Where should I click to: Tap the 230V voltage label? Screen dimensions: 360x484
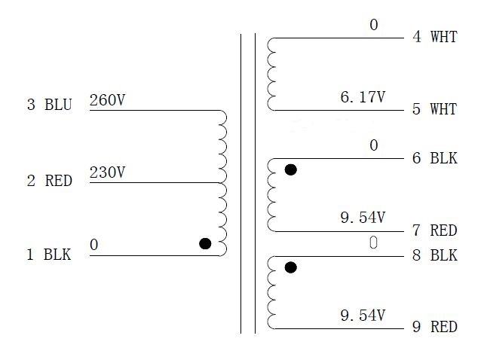point(107,172)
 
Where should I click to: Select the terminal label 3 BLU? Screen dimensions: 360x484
point(49,105)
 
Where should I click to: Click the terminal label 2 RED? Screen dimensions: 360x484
point(49,181)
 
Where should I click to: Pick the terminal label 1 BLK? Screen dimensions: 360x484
point(49,255)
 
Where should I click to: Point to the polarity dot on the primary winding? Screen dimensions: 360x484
point(204,243)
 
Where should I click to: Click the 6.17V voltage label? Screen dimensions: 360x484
point(363,97)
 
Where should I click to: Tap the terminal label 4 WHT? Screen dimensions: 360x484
point(434,37)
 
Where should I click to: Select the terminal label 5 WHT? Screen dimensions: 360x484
point(434,109)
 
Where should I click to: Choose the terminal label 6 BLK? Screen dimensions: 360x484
point(434,158)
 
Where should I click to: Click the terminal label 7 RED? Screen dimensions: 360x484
point(434,230)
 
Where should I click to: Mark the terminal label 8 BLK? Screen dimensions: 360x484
point(434,255)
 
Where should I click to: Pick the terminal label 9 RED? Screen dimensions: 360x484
point(434,328)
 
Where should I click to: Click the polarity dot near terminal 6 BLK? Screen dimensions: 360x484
point(290,170)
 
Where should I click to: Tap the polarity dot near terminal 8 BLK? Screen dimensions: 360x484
point(290,267)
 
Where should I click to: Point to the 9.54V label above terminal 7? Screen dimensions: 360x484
point(363,218)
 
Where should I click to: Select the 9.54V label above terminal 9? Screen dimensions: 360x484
point(363,315)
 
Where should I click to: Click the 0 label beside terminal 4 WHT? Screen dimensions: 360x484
point(373,26)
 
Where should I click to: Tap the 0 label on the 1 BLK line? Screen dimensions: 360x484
point(94,245)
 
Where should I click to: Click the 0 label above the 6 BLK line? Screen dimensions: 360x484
point(373,145)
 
